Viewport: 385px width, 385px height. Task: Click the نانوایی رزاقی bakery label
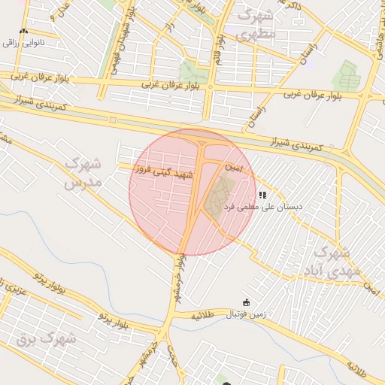pos(25,43)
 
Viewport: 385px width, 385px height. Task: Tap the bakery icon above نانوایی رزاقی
pos(24,32)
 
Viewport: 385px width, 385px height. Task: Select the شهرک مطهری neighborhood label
pos(256,25)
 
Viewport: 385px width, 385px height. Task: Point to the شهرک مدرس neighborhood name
pos(83,172)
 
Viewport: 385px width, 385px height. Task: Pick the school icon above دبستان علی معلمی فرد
pos(262,195)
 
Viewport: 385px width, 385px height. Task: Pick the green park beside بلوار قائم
pos(193,72)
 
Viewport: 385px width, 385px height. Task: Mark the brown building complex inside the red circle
pos(217,195)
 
